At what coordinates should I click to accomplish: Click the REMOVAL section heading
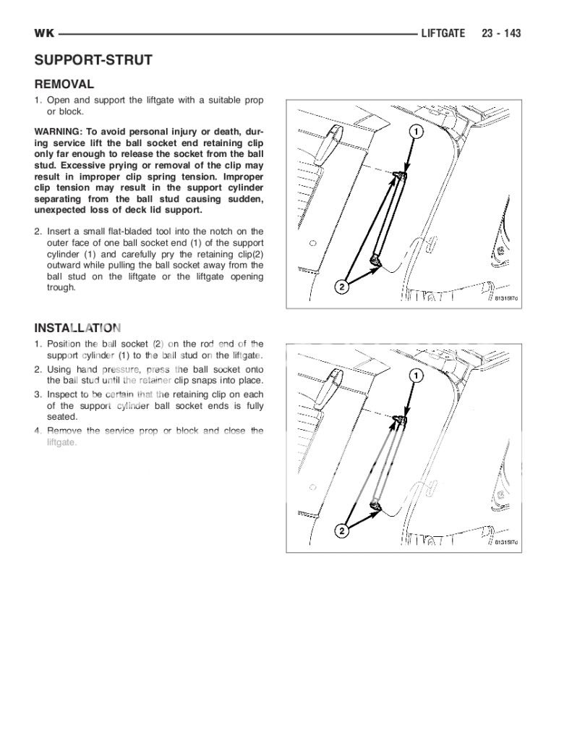(x=64, y=84)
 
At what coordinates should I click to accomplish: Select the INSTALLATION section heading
(x=77, y=328)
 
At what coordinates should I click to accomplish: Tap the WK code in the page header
(x=44, y=33)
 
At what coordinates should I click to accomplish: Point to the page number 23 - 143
(x=501, y=33)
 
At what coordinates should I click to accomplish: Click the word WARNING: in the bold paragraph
(x=58, y=132)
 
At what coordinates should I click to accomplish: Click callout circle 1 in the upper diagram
(x=417, y=131)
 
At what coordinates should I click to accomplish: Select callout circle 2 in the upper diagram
(x=342, y=287)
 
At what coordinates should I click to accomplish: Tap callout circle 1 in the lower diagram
(x=417, y=376)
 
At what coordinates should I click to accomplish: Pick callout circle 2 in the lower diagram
(x=342, y=532)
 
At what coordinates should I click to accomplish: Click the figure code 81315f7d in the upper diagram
(x=507, y=298)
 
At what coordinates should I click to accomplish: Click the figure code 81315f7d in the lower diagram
(x=507, y=543)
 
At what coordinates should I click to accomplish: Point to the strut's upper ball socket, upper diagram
(x=400, y=174)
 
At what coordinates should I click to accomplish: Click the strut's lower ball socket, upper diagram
(x=375, y=260)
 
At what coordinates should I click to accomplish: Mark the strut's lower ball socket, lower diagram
(x=375, y=504)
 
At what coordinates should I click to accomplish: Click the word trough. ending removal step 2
(x=61, y=287)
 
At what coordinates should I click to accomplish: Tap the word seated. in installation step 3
(x=62, y=416)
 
